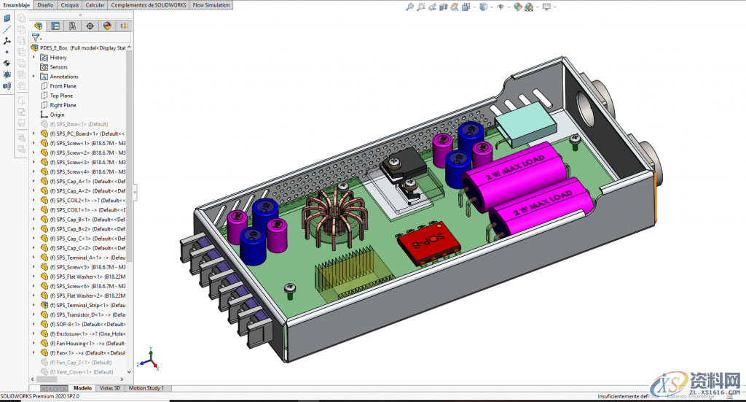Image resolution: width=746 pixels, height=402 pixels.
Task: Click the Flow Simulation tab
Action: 212,5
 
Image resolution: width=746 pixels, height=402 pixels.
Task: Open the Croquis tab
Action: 70,5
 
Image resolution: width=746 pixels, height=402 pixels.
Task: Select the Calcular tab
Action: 95,5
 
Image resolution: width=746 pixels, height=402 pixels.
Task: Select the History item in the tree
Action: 58,58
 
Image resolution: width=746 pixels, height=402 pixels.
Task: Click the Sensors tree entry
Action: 58,67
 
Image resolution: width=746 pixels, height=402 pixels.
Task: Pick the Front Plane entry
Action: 63,86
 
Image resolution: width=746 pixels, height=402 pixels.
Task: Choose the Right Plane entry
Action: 63,105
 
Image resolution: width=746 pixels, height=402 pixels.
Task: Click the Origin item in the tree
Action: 57,115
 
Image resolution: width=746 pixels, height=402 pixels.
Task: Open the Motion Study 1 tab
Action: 146,388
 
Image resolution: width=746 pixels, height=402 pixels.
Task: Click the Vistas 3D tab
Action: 111,388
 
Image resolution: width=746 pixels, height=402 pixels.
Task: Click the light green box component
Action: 523,120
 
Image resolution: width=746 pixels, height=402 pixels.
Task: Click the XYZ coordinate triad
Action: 148,360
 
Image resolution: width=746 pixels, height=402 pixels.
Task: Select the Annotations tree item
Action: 63,77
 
